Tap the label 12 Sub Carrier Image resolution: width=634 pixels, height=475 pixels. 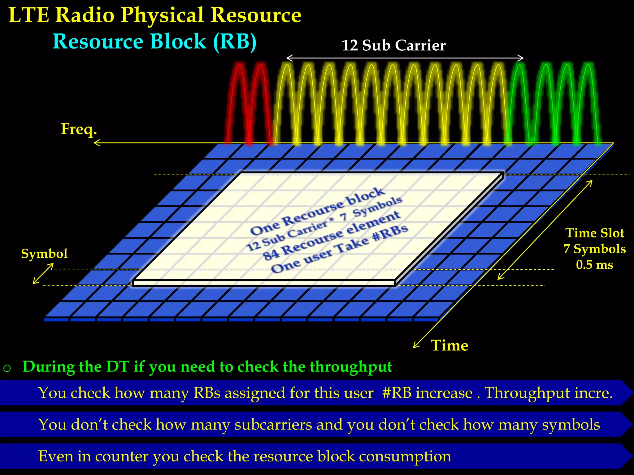coord(393,45)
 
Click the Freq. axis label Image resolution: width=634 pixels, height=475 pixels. coord(79,129)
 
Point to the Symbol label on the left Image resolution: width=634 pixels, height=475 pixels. coord(44,254)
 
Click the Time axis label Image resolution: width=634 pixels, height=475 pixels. coord(449,345)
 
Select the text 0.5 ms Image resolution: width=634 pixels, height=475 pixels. coord(594,265)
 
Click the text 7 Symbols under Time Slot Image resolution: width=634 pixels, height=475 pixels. coord(594,249)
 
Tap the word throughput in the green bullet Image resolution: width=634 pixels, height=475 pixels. coord(351,367)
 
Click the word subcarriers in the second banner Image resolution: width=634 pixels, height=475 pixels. coord(273,425)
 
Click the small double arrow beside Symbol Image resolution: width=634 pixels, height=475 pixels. coord(43,273)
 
